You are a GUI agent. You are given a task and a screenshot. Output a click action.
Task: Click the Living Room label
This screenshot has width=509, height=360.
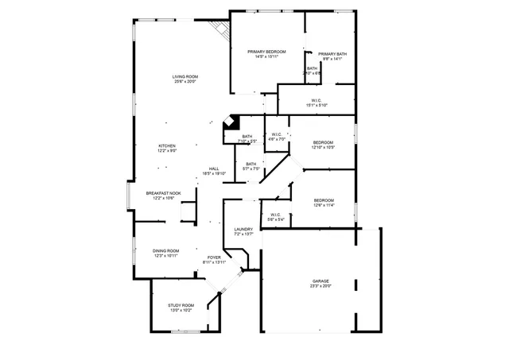pos(185,76)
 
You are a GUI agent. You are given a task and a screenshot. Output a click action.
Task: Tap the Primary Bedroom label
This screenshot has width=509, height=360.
pos(265,52)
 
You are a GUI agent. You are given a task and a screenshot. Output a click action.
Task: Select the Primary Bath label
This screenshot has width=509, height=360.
pos(334,54)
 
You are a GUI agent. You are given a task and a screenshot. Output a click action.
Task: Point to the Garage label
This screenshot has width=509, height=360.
pos(321,282)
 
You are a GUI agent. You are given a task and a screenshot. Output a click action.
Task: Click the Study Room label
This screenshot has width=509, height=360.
pos(181,305)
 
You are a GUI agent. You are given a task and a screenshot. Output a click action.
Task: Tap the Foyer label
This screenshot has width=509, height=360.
pos(215,257)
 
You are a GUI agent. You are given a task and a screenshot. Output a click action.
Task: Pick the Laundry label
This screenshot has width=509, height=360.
pos(243,229)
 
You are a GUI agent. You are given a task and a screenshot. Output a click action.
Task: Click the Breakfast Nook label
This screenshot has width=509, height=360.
pos(163,193)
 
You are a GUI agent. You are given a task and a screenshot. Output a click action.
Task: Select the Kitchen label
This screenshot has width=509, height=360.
pos(166,145)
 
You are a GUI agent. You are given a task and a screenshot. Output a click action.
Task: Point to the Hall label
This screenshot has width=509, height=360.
pos(214,168)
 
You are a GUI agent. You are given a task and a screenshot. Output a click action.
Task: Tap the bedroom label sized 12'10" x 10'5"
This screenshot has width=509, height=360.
pos(323,143)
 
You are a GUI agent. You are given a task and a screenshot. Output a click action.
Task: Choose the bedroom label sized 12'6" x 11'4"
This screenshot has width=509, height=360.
pos(323,200)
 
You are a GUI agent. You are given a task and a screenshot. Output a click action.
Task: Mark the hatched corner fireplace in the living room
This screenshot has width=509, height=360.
pos(220,30)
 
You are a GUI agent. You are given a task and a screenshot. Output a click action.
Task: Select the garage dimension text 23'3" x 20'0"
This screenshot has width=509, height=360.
pos(321,287)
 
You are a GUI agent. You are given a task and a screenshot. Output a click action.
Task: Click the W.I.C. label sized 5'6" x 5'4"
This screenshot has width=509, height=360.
pos(275,217)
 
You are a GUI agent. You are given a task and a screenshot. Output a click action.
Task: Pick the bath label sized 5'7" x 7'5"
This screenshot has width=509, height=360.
pos(251,166)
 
